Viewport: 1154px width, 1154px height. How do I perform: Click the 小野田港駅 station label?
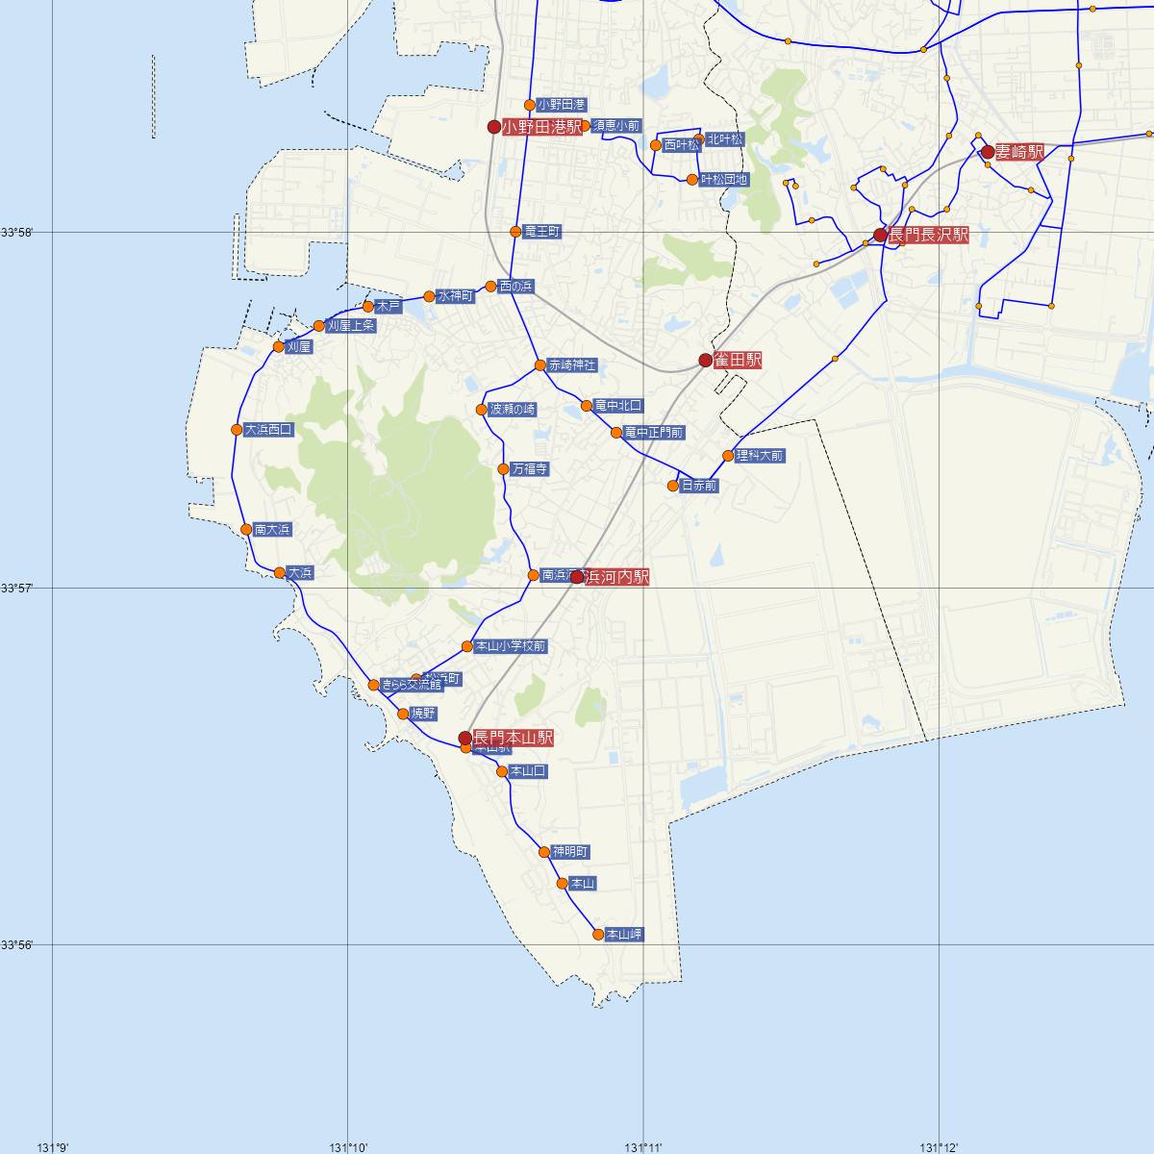coord(542,127)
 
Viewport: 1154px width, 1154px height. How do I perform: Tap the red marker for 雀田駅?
coord(705,361)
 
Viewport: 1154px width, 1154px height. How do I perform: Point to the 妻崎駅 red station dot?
coord(988,151)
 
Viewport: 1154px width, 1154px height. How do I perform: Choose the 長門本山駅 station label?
coord(514,738)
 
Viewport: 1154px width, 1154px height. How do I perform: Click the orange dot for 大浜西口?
coord(237,429)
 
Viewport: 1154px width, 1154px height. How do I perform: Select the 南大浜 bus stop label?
coord(272,530)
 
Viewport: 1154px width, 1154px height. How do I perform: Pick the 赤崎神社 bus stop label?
coord(572,365)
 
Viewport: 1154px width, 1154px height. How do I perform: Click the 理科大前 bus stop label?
coord(760,456)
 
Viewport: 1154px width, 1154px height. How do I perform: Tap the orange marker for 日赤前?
coord(674,486)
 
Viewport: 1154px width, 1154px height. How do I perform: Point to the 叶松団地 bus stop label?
coord(724,180)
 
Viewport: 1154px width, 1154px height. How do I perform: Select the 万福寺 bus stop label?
coord(530,469)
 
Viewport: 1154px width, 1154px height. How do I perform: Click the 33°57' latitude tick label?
coord(17,587)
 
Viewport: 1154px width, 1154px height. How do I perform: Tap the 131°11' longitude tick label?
coord(644,1146)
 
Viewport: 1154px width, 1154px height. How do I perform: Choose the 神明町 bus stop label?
coord(570,852)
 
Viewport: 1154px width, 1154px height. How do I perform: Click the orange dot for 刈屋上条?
coord(319,326)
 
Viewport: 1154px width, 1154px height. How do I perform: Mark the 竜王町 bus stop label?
coord(542,232)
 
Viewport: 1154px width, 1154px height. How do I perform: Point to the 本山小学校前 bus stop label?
coord(511,646)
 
